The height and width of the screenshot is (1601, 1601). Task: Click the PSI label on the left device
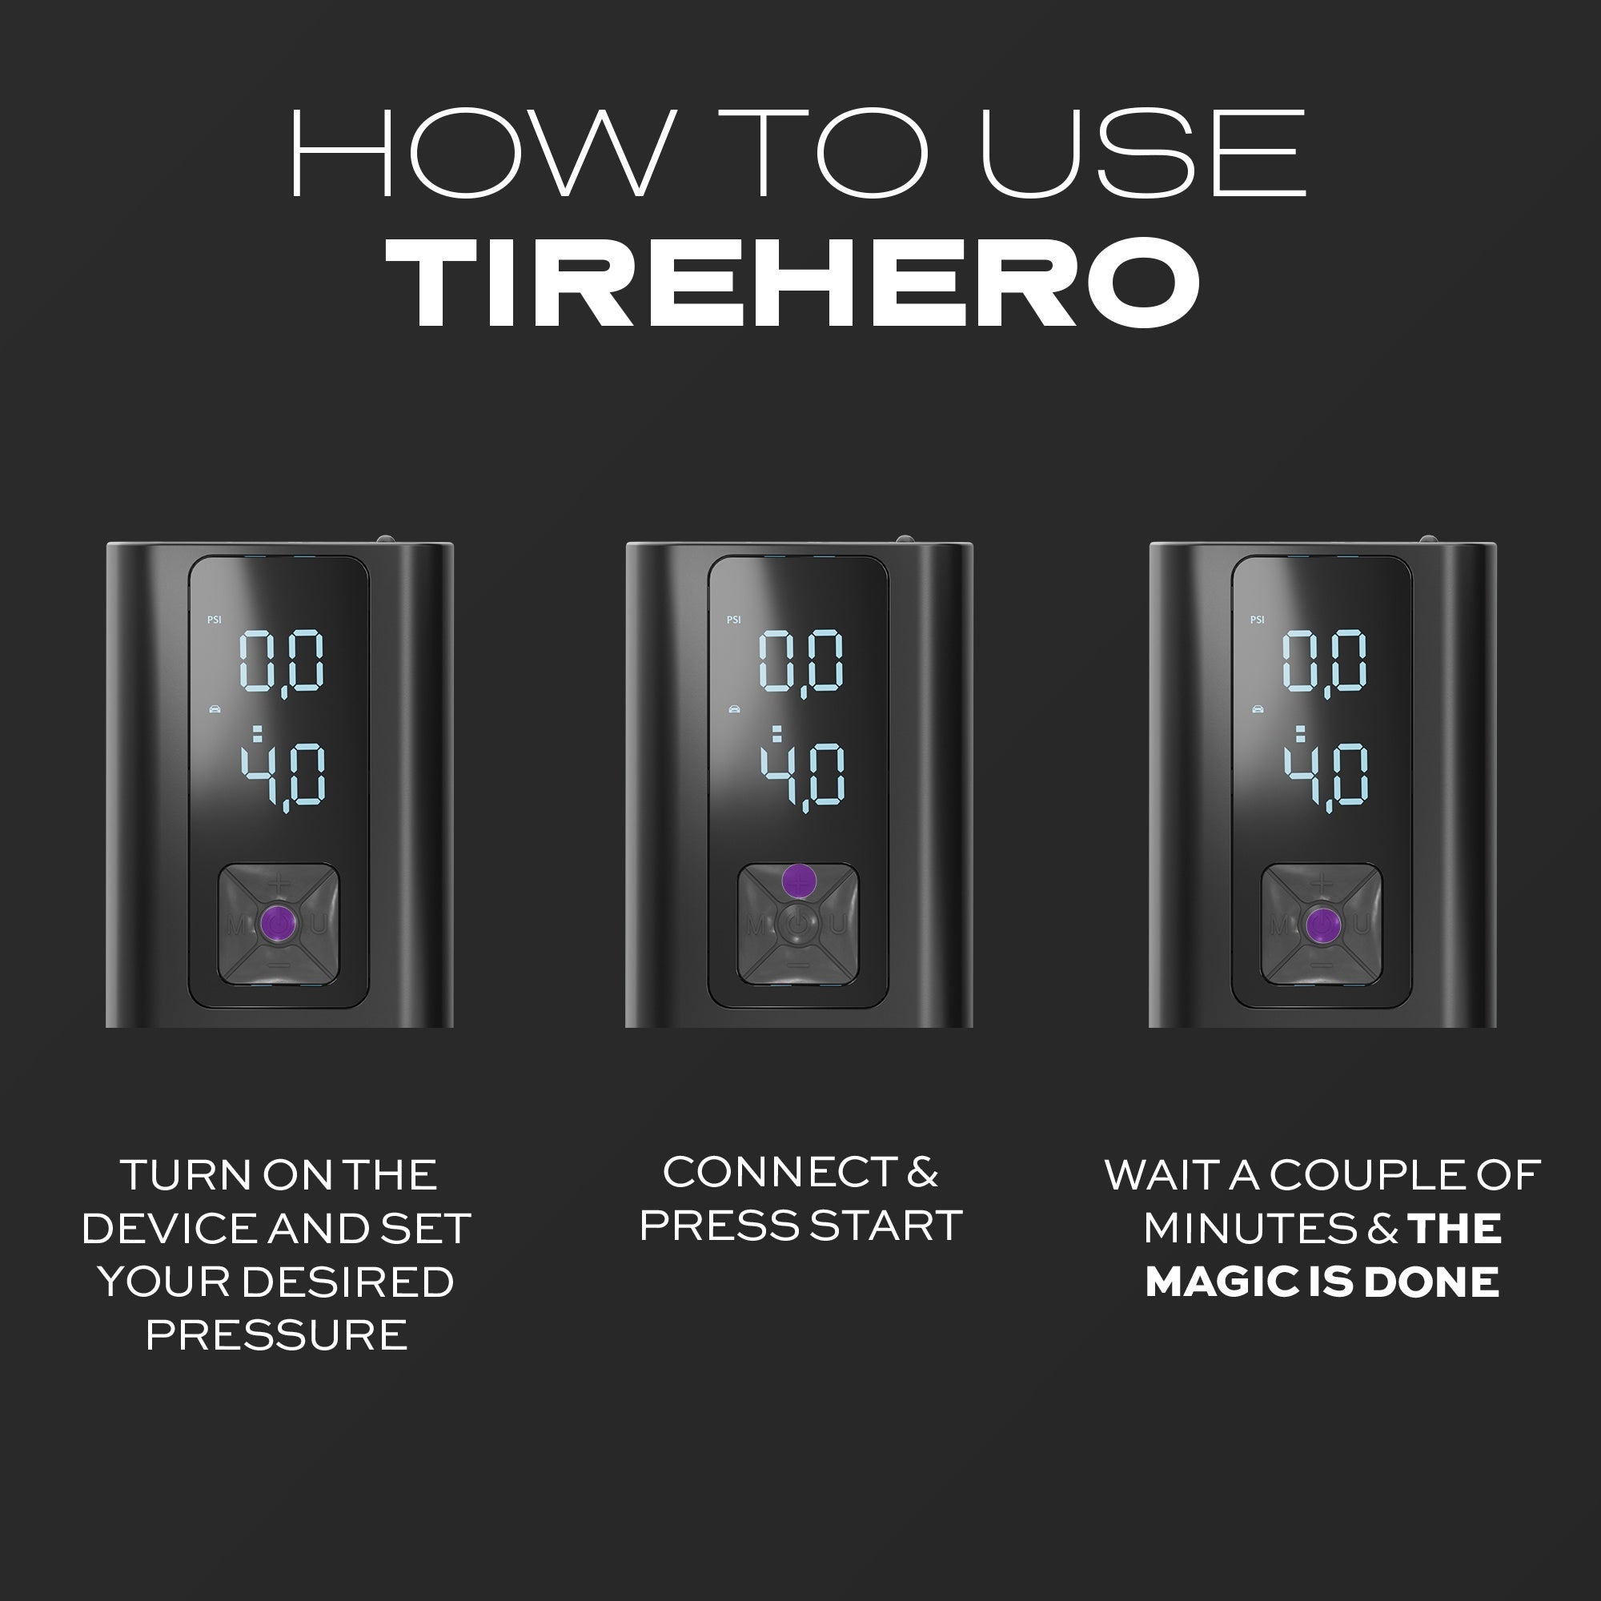coord(215,619)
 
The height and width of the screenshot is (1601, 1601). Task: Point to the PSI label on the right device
coord(1257,619)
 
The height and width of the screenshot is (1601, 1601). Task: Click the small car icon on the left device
coord(215,708)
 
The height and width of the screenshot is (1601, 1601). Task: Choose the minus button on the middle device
coord(798,965)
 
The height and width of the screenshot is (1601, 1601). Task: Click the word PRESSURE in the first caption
coord(277,1335)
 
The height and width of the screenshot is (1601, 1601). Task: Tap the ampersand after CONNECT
coord(922,1173)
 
